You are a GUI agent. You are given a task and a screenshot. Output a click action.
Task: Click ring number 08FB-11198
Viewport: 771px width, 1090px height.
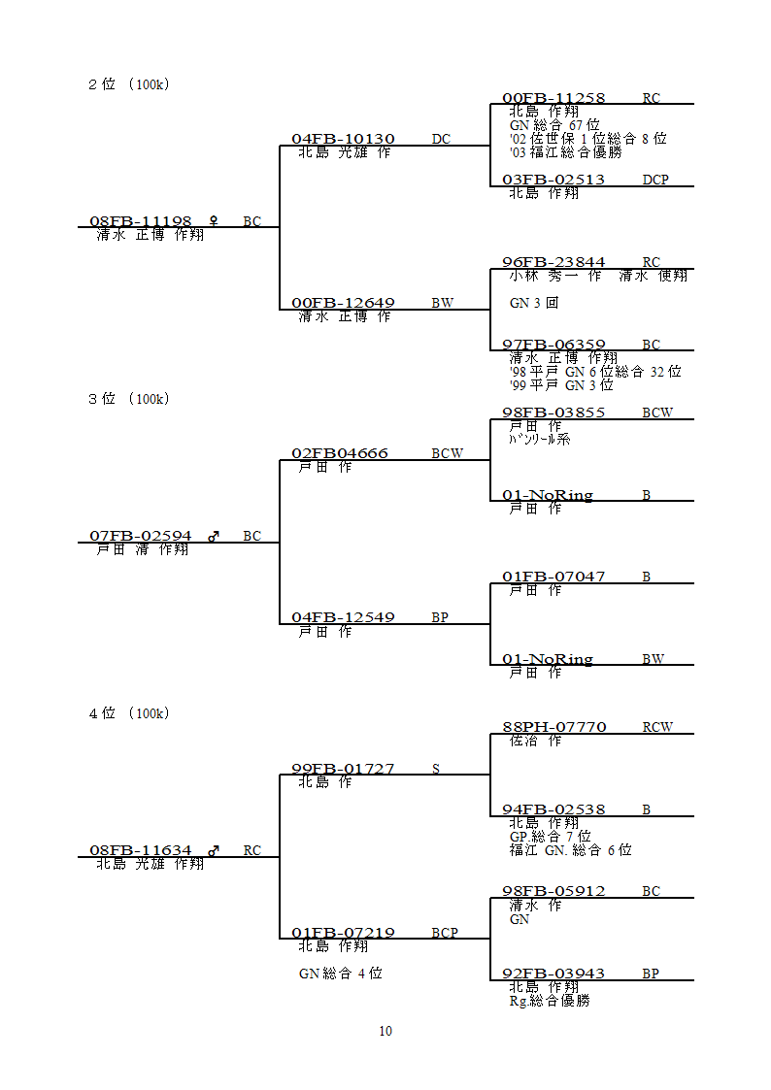coord(141,221)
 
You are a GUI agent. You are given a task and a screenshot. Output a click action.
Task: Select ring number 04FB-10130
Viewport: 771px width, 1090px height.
coord(343,139)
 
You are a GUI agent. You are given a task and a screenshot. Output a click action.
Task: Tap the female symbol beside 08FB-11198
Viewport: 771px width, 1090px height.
coord(214,221)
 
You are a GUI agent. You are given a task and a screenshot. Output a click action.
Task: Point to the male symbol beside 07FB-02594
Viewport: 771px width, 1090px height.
coord(214,536)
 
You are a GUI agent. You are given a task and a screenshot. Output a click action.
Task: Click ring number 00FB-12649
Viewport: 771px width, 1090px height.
coord(343,303)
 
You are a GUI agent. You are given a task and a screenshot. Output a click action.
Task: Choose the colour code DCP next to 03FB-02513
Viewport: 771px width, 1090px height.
coord(654,180)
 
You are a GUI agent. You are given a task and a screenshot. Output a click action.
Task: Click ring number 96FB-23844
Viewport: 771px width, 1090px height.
coord(553,262)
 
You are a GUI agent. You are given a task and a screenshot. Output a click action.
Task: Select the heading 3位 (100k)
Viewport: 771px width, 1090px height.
coord(129,399)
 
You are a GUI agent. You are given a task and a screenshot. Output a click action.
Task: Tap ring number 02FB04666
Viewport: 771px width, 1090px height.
coord(340,453)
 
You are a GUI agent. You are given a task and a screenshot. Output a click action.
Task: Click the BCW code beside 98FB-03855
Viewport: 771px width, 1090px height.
coord(656,413)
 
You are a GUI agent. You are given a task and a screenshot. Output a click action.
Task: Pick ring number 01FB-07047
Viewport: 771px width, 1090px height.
coord(553,577)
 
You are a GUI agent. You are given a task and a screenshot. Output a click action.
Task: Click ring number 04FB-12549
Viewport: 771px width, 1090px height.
coord(343,617)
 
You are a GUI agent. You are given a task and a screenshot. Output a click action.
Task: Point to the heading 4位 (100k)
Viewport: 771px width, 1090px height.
coord(129,713)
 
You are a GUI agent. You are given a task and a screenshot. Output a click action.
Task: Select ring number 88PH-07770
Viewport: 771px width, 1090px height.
coord(553,727)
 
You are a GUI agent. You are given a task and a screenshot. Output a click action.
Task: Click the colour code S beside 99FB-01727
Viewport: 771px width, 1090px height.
coord(436,769)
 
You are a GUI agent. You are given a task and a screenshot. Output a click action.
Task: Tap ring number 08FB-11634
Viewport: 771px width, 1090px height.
coord(141,850)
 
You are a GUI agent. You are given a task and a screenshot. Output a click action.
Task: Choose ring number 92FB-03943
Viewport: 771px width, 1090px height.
coord(553,974)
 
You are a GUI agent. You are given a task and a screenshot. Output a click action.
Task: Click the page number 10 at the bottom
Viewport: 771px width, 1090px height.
coord(385,1031)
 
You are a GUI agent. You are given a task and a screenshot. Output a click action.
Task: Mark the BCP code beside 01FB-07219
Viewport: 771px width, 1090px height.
coord(445,933)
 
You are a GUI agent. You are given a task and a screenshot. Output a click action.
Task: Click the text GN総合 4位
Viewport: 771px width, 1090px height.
coord(340,973)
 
